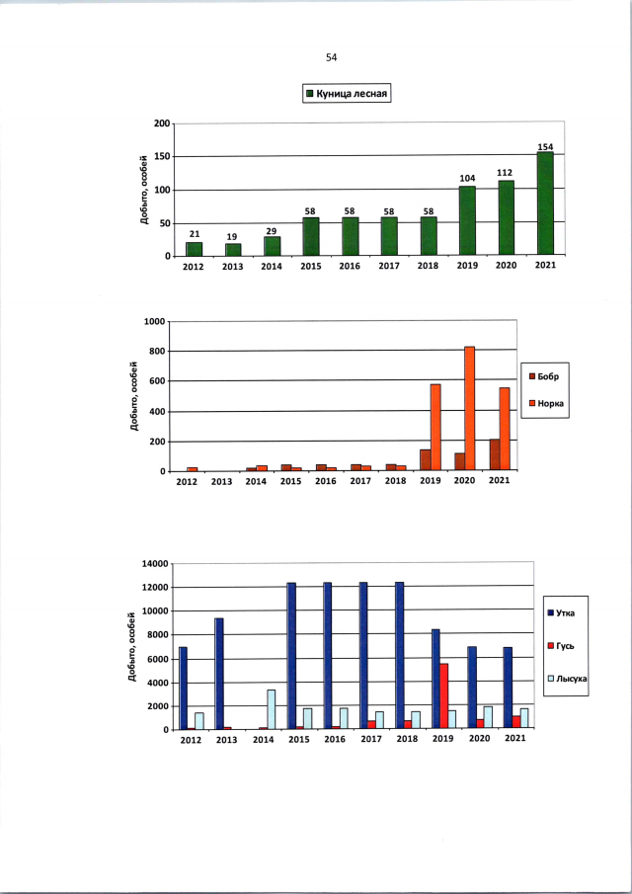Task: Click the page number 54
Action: [331, 57]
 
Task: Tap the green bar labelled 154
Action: [544, 204]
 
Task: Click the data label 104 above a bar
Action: [466, 179]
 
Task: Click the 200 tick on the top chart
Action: [162, 123]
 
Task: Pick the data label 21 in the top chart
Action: [195, 234]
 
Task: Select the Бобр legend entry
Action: [551, 377]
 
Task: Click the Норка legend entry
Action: [553, 403]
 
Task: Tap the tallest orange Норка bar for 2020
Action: [469, 409]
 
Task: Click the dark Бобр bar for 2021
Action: [494, 455]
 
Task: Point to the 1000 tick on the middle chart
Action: [151, 322]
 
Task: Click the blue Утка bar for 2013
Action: [219, 674]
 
